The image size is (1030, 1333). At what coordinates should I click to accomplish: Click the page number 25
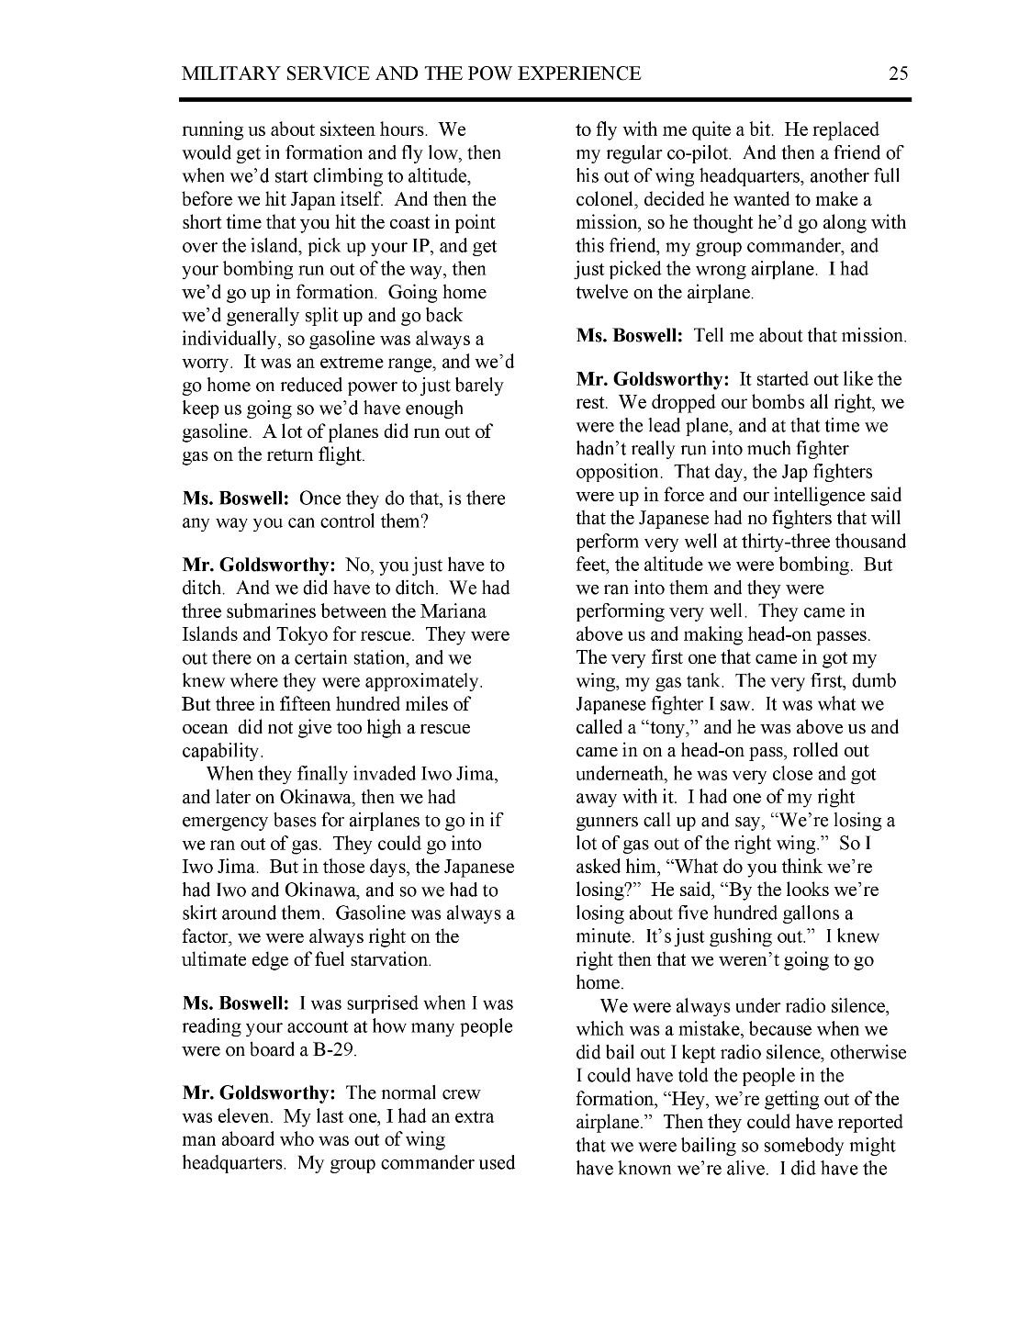point(898,73)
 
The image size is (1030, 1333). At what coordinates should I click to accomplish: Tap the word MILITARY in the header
point(229,73)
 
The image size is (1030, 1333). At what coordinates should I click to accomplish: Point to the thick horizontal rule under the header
point(545,99)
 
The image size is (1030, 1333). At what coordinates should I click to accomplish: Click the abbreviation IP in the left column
point(406,246)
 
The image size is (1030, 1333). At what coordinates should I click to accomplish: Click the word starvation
point(386,959)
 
